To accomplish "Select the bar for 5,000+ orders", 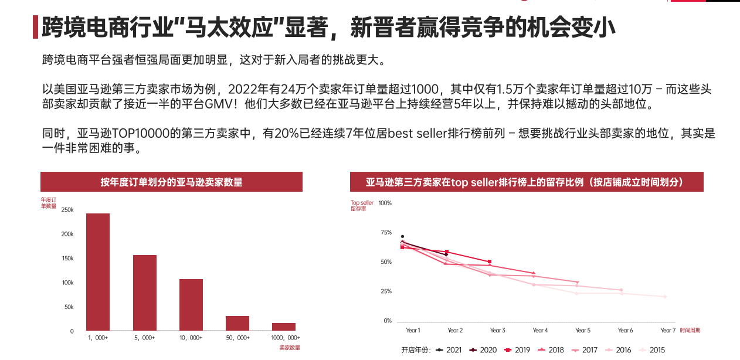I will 144,293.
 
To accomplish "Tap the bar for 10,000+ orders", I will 191,304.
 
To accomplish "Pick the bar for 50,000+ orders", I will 237,323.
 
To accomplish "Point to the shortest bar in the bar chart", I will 284,327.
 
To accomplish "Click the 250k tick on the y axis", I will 67,210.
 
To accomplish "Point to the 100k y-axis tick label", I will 67,283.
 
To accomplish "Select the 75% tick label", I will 386,233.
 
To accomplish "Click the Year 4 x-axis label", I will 540,331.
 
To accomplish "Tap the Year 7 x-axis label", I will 668,331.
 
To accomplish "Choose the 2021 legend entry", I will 449,350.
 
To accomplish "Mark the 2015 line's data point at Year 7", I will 665,297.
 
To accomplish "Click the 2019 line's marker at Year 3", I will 490,261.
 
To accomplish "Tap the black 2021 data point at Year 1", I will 402,236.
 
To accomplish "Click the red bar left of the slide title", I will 36,28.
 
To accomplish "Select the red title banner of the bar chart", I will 171,182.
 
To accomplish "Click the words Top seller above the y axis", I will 362,203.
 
